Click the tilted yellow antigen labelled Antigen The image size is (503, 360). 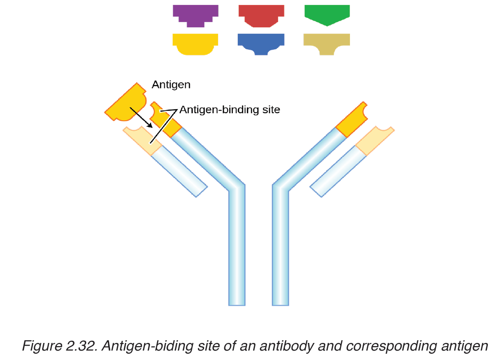click(126, 103)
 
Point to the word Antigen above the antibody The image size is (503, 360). click(171, 85)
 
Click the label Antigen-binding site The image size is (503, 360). click(230, 110)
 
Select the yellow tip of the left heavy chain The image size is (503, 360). click(165, 119)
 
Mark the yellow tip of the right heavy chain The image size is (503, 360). click(352, 119)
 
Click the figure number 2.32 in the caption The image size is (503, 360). click(82, 346)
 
